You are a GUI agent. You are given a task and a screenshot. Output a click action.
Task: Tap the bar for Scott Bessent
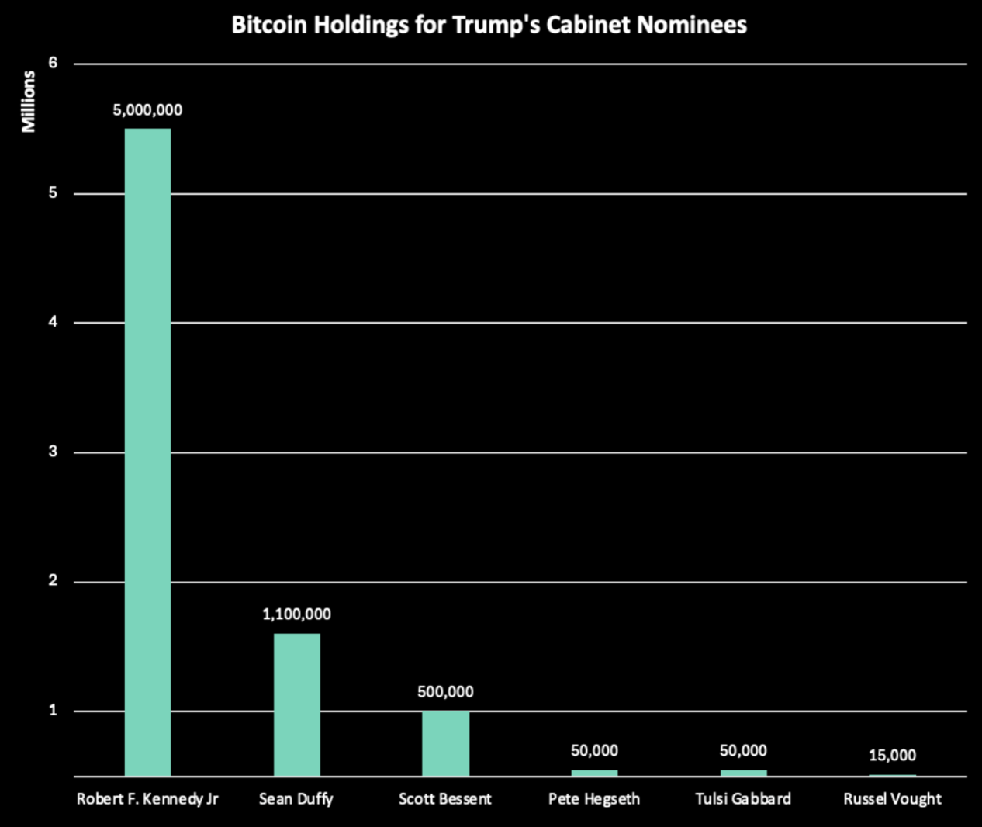[x=445, y=743]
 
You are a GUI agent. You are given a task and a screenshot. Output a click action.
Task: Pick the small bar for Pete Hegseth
[x=594, y=773]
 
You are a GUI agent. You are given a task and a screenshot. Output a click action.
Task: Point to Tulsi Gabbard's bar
[x=743, y=773]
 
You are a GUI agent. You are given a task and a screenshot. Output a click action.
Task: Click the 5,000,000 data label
[x=147, y=110]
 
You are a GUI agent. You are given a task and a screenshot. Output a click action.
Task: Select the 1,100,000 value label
[x=296, y=614]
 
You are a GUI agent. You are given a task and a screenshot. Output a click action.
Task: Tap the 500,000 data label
[x=445, y=692]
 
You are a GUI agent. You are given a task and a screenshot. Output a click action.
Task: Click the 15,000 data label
[x=892, y=756]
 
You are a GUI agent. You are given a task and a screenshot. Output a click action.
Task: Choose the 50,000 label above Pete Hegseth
[x=594, y=751]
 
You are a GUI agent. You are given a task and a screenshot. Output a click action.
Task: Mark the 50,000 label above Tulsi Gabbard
[x=743, y=751]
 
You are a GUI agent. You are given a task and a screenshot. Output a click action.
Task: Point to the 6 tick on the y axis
[x=53, y=64]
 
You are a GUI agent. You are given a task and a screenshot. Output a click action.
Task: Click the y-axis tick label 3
[x=53, y=452]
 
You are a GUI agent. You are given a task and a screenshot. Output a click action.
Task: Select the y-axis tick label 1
[x=53, y=711]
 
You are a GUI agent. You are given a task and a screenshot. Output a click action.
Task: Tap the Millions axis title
[x=29, y=102]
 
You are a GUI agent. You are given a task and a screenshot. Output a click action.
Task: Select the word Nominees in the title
[x=692, y=25]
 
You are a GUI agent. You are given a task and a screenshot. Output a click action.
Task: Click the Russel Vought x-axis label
[x=892, y=799]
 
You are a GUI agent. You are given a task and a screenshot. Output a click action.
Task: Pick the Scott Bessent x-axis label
[x=445, y=799]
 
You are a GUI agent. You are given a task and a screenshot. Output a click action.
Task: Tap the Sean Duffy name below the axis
[x=296, y=799]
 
